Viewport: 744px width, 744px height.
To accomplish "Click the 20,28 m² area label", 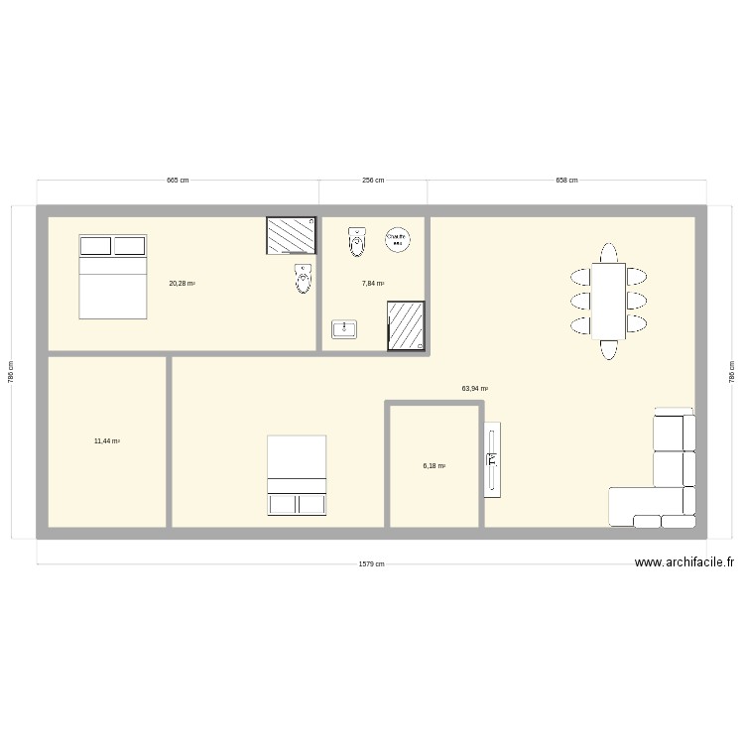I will pos(182,284).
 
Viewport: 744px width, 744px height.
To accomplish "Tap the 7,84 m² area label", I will pos(373,284).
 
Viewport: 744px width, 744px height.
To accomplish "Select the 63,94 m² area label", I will pos(474,389).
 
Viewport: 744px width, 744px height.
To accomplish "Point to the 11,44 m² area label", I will pos(107,440).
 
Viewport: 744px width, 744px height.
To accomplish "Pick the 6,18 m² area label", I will pos(434,465).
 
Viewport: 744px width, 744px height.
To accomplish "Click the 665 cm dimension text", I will pos(178,181).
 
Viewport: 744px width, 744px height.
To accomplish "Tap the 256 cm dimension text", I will pos(373,181).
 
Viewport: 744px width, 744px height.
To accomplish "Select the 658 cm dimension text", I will pos(566,181).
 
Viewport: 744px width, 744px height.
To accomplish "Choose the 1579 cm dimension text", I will pos(372,563).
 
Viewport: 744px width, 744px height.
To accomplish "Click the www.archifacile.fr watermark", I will pos(685,562).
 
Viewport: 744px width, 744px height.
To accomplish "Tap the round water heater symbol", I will pos(397,239).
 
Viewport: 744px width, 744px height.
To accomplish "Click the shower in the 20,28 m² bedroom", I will pos(290,236).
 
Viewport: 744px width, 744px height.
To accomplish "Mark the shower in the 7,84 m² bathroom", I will pos(406,326).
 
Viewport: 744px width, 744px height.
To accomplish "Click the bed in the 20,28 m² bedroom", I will pos(113,277).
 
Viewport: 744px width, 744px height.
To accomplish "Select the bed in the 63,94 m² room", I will pos(297,475).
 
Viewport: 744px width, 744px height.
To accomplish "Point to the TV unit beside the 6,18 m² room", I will pos(492,459).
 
